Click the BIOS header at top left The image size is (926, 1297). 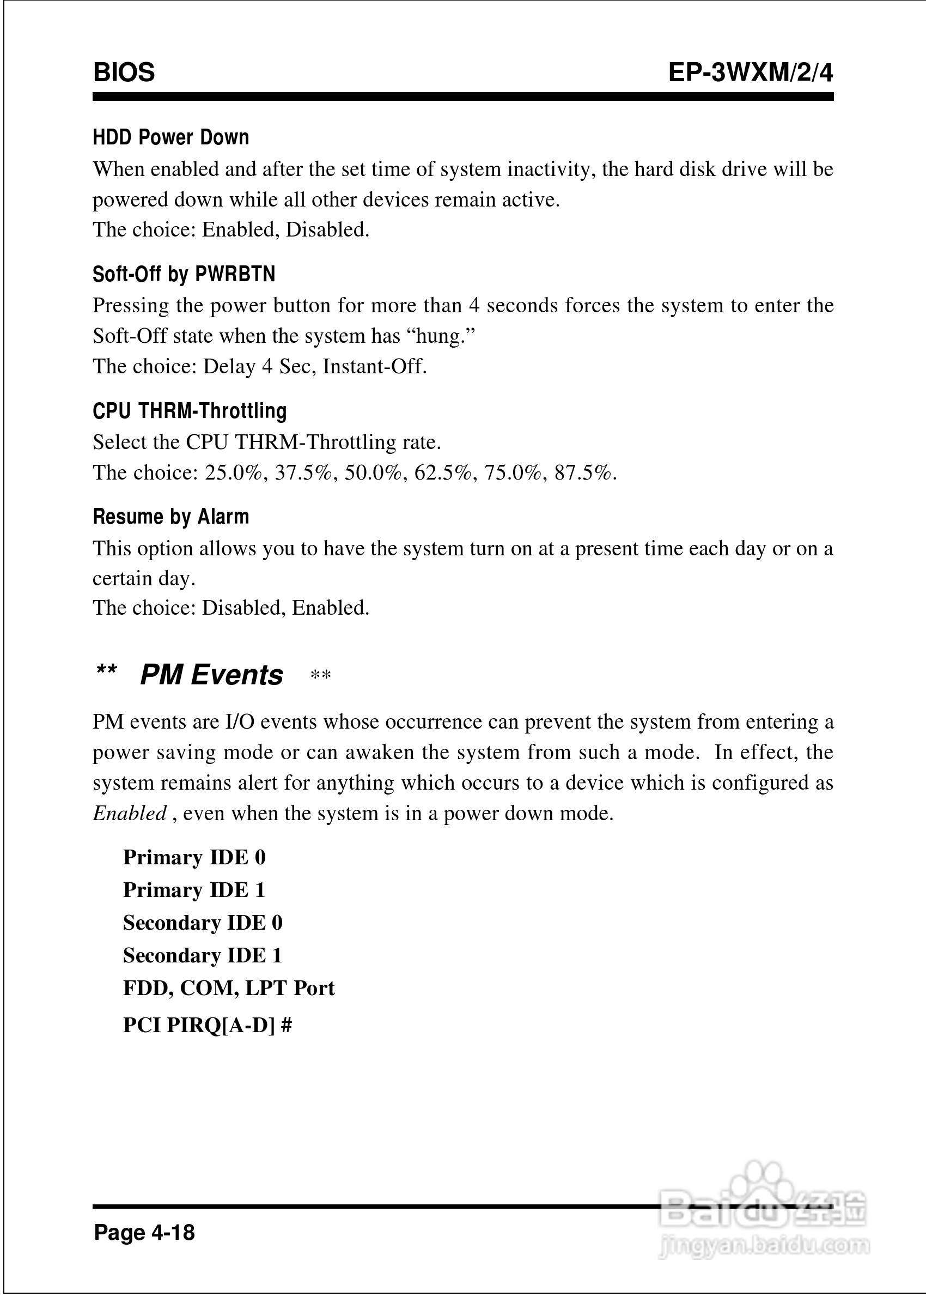(124, 72)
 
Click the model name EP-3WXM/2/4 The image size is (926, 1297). (751, 72)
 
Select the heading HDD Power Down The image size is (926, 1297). (170, 137)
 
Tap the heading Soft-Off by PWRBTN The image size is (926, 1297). (184, 274)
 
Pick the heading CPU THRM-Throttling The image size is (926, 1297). (190, 411)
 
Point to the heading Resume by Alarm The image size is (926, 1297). (170, 516)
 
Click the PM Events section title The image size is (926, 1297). (211, 675)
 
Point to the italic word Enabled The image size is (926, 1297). (130, 813)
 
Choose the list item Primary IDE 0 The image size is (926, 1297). (194, 857)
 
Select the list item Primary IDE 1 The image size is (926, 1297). (194, 890)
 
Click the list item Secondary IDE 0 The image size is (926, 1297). (203, 922)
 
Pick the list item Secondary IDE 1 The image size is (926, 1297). (203, 955)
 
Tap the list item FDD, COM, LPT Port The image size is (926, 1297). (229, 987)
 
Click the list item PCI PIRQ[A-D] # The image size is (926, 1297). (208, 1025)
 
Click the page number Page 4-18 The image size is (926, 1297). (144, 1232)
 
